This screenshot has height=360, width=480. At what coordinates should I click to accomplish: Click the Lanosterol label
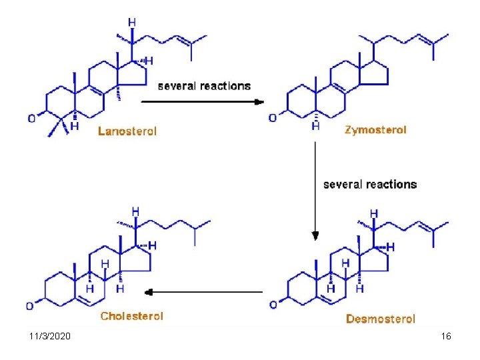(x=127, y=131)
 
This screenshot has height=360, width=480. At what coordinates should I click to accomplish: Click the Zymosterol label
(x=375, y=130)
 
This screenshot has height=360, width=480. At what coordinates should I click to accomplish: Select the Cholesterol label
(x=131, y=316)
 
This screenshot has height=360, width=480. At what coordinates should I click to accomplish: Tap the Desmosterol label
(x=380, y=319)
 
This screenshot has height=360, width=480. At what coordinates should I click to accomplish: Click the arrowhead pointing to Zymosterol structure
(x=259, y=101)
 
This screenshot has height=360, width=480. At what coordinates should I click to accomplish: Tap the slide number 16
(x=446, y=337)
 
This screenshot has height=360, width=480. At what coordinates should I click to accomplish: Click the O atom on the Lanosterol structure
(x=31, y=119)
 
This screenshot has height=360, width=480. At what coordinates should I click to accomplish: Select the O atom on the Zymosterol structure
(x=272, y=118)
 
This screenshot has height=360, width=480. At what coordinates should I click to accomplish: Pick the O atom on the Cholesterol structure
(x=30, y=306)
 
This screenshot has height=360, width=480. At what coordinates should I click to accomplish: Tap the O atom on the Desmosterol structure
(x=272, y=305)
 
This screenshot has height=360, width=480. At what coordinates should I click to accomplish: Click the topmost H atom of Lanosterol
(x=132, y=22)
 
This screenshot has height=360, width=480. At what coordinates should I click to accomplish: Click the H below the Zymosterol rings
(x=315, y=126)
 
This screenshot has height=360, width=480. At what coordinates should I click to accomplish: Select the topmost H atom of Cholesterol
(x=135, y=211)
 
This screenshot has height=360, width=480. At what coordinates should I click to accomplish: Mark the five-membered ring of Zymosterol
(x=375, y=73)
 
